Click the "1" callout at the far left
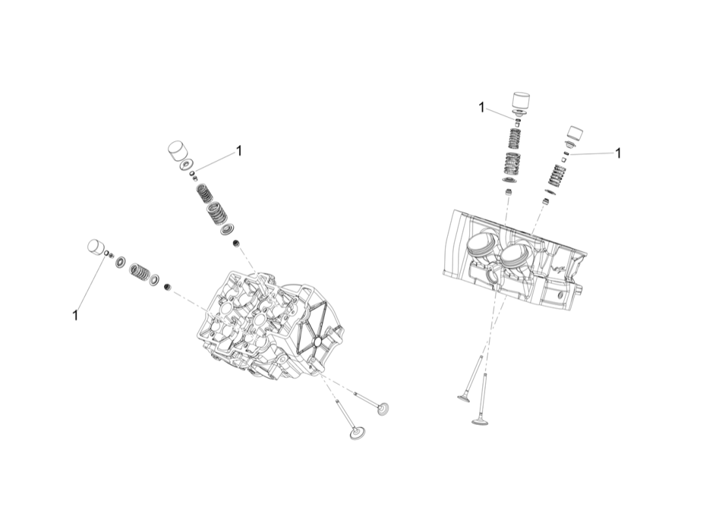click(75, 315)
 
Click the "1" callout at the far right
click(618, 153)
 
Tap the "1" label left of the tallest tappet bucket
click(482, 107)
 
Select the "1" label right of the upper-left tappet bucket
click(239, 150)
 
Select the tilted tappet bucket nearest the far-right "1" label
click(576, 133)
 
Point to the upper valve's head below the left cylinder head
click(383, 409)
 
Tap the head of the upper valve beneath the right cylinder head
click(464, 397)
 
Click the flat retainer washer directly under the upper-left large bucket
click(186, 163)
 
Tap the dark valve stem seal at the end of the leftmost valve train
click(167, 287)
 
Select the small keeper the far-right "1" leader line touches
click(567, 153)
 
